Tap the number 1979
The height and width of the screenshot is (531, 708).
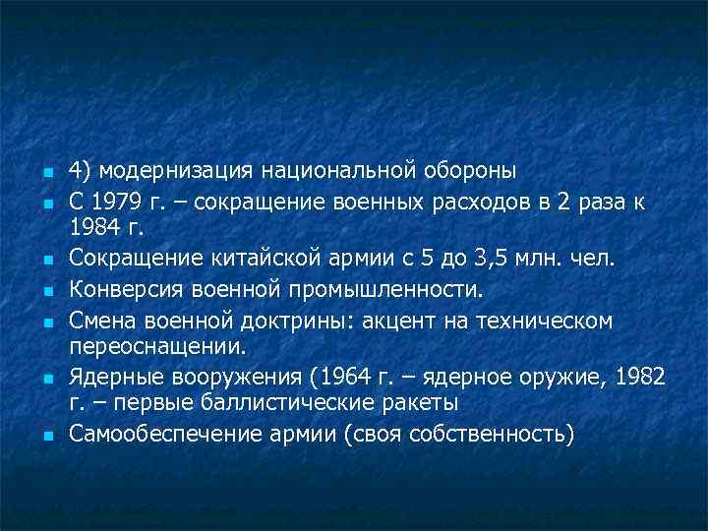tap(117, 203)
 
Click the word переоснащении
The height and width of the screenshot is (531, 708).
tap(158, 347)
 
